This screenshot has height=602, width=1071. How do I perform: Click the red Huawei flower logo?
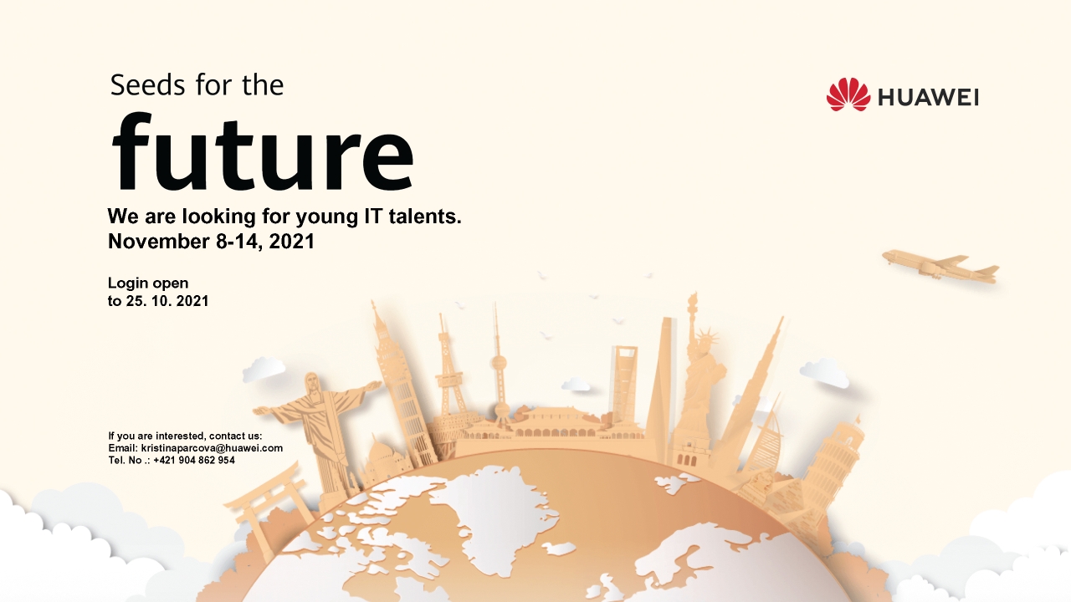[848, 94]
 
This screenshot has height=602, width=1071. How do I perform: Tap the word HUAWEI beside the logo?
[928, 98]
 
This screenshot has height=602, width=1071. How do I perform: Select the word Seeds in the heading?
[148, 85]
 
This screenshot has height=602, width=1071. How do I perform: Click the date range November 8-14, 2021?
[211, 242]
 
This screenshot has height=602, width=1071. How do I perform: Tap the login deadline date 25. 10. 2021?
[167, 301]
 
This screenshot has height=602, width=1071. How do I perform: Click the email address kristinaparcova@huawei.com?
[212, 448]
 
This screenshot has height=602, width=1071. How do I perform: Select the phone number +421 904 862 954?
[194, 460]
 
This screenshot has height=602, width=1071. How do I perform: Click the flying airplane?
[940, 266]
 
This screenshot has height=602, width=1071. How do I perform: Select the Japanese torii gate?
[264, 510]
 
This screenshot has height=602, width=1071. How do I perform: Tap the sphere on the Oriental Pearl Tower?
[500, 363]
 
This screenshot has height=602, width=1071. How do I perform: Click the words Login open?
[148, 283]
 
